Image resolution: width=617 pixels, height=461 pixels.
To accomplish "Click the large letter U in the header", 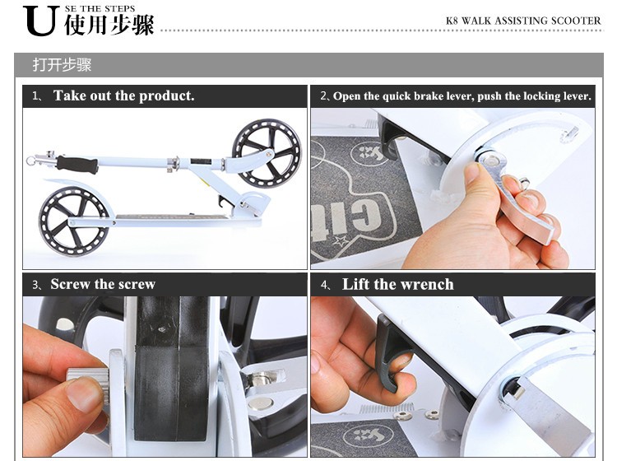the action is [41, 21].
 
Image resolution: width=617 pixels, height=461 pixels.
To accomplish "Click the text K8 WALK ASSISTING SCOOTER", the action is [523, 21].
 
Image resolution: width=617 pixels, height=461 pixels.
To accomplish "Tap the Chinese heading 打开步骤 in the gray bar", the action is [62, 65].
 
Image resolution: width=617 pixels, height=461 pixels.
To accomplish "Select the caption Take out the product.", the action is [124, 95].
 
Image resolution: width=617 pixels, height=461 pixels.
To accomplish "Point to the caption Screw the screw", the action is [103, 284].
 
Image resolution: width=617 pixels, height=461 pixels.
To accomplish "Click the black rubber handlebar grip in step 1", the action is [77, 165].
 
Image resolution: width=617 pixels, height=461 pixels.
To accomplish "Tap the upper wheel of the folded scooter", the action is [267, 152].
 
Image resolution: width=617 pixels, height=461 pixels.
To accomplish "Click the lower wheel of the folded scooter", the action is [75, 222].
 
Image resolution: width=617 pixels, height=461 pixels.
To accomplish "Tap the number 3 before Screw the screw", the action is [35, 285].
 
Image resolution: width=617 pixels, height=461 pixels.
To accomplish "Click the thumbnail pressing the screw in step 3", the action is [84, 393].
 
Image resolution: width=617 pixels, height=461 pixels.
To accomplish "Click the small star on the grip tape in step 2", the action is [340, 240].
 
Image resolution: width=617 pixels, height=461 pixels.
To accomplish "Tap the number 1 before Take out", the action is [35, 96].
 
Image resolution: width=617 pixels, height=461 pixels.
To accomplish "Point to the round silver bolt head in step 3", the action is [261, 403].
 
